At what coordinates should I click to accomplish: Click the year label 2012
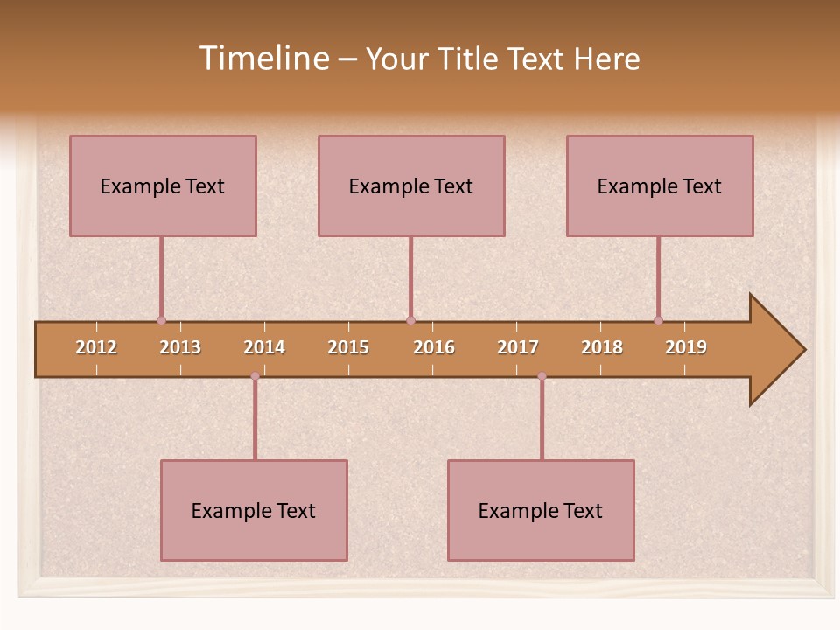96,347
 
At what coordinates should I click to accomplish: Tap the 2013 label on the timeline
180,347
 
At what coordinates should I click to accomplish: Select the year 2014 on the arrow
264,347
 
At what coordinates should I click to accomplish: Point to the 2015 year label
348,347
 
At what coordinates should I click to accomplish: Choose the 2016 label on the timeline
434,347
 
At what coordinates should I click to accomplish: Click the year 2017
518,347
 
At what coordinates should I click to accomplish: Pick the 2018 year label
602,347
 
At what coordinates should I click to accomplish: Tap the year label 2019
686,347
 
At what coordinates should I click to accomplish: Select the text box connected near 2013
163,185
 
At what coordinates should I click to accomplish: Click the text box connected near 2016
411,185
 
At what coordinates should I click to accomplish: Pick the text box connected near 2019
660,185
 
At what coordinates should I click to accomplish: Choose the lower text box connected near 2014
254,510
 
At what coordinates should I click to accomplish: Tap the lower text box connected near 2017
541,510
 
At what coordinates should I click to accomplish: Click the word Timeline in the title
263,59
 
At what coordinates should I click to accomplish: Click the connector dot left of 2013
161,320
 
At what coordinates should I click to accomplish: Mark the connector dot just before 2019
659,320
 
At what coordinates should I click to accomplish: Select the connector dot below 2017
542,376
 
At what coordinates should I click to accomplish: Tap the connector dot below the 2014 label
255,376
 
